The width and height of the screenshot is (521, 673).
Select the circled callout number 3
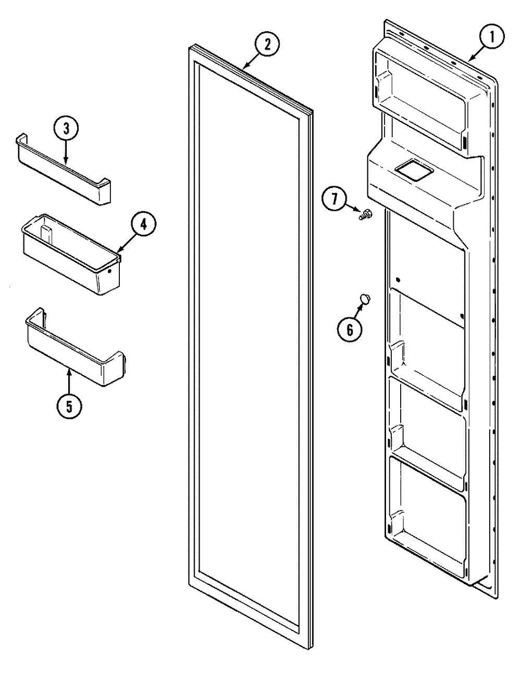(66, 129)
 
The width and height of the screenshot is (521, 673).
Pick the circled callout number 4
(143, 225)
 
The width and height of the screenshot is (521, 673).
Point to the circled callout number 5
(69, 406)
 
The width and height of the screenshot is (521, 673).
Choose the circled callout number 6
(349, 330)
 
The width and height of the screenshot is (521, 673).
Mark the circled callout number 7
(334, 199)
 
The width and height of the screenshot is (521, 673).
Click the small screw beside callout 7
(366, 214)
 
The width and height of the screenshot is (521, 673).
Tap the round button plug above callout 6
(365, 299)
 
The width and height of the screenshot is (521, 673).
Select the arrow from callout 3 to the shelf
(66, 152)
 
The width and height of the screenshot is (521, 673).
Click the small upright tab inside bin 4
(45, 233)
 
